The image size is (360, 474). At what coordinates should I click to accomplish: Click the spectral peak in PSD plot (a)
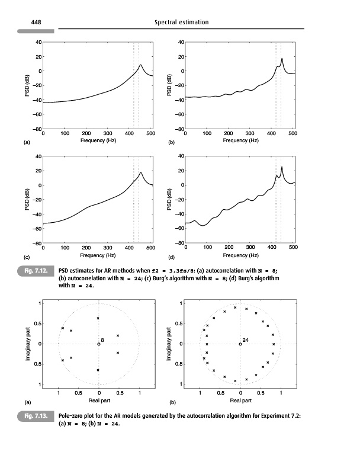141,65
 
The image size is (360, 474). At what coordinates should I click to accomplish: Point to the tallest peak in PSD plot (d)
282,166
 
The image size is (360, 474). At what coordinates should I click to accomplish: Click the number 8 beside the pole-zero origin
102,340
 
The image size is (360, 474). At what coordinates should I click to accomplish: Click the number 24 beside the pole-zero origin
245,340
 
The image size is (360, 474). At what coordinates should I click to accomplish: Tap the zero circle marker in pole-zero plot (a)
99,344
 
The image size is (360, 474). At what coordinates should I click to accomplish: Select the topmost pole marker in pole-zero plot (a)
98,318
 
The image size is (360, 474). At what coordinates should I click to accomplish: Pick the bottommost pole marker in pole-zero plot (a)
98,370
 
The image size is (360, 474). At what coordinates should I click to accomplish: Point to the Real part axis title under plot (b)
240,400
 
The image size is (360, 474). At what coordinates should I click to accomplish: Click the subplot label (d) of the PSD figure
172,258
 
